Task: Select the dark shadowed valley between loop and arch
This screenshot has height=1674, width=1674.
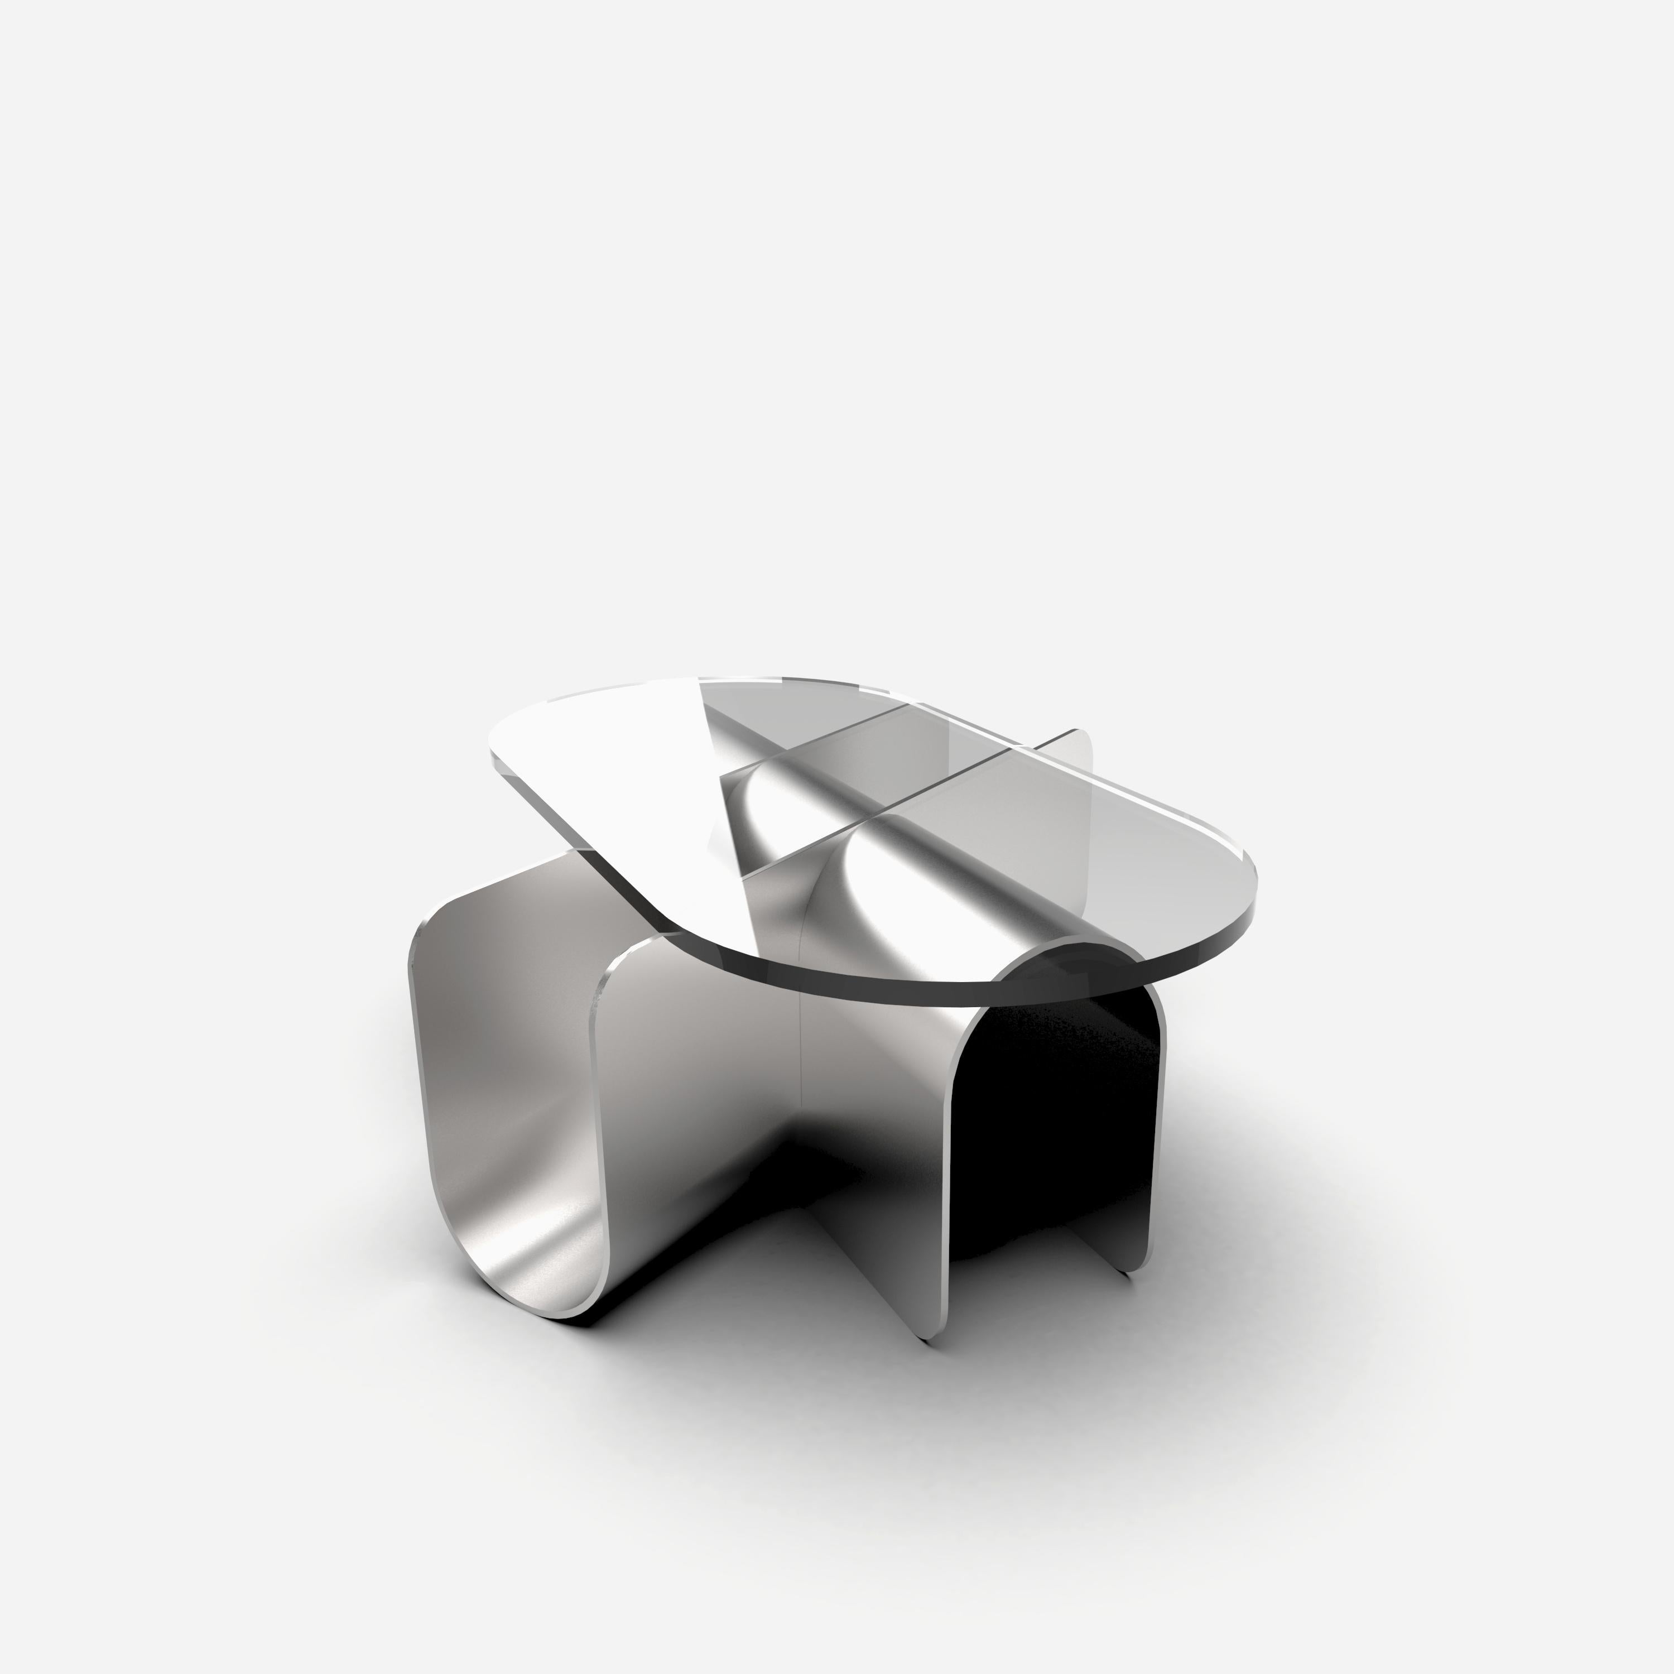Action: [780, 1152]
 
